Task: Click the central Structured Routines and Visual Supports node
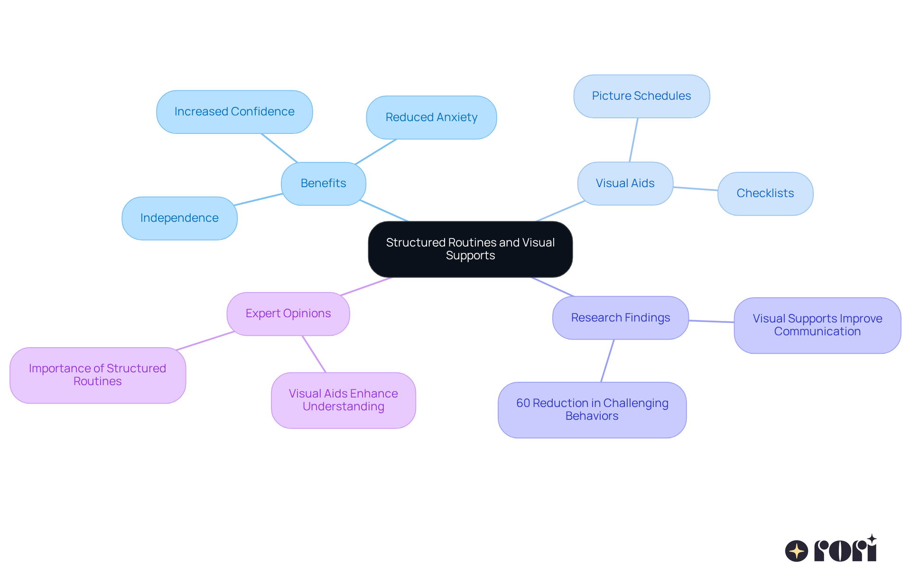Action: point(470,249)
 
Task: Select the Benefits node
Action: point(323,183)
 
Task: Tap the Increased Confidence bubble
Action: point(234,112)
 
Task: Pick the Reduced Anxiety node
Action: point(431,117)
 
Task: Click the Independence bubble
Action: point(179,218)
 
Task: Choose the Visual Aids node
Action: point(625,183)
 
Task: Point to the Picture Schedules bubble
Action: point(641,96)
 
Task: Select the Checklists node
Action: point(765,193)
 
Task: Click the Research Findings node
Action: point(620,318)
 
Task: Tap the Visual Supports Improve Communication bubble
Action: point(817,325)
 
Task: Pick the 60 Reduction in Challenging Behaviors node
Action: point(592,409)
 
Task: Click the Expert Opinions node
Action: point(288,313)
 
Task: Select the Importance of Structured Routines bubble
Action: point(97,375)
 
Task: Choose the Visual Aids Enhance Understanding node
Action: point(343,400)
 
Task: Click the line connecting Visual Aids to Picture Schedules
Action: point(633,140)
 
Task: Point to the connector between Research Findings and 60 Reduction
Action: point(607,361)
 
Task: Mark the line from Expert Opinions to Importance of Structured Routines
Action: point(205,341)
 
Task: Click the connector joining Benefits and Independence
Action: point(259,199)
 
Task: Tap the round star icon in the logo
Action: point(796,551)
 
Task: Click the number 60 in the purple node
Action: point(523,403)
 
